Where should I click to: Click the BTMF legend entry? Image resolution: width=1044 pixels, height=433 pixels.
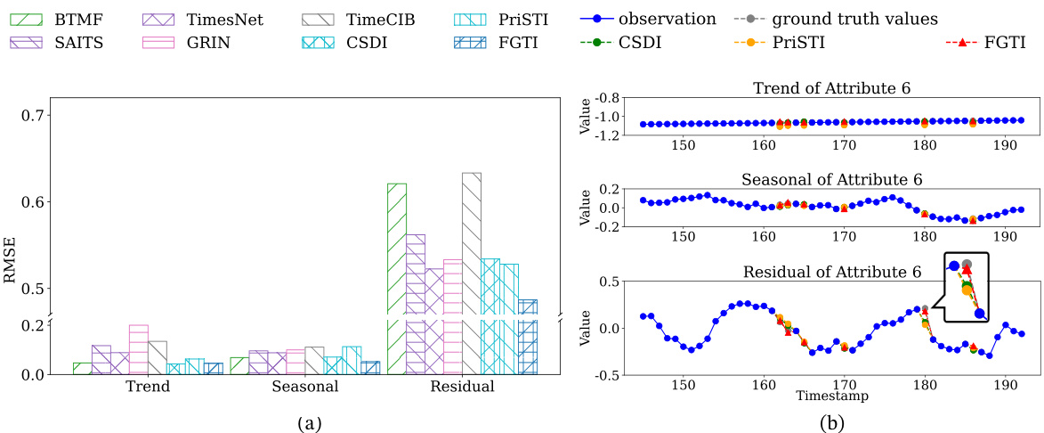[x=53, y=19]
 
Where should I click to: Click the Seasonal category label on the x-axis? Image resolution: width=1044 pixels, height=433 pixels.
[x=304, y=388]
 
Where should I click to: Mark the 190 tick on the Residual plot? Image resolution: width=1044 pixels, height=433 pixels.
[x=1005, y=386]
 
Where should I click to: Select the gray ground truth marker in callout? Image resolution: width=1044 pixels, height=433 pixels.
[x=967, y=265]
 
